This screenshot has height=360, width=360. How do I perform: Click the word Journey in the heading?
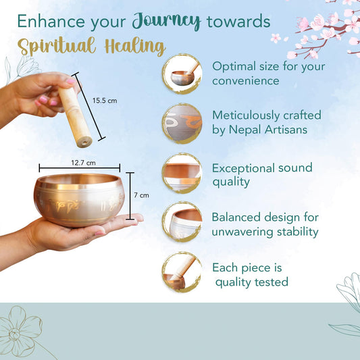(166, 21)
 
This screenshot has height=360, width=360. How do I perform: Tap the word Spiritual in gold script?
(57, 46)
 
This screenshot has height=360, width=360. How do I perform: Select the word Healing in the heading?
(135, 47)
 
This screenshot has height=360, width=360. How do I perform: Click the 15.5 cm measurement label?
(105, 101)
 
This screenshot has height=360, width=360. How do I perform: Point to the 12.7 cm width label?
(83, 163)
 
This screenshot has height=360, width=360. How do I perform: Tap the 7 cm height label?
(141, 195)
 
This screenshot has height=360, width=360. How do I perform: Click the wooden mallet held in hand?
(75, 117)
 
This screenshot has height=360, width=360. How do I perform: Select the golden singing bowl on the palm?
(79, 200)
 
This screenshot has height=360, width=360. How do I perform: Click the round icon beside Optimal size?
(182, 74)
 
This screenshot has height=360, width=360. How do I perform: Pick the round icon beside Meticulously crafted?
(182, 124)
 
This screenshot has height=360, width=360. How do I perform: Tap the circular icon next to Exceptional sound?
(182, 173)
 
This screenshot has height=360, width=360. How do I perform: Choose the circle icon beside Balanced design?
(182, 222)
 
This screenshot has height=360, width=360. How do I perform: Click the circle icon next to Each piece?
(182, 272)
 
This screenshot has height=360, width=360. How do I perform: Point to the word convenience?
(246, 81)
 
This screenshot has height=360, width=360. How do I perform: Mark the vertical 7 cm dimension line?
(130, 196)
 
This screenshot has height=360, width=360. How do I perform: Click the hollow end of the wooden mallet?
(84, 143)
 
